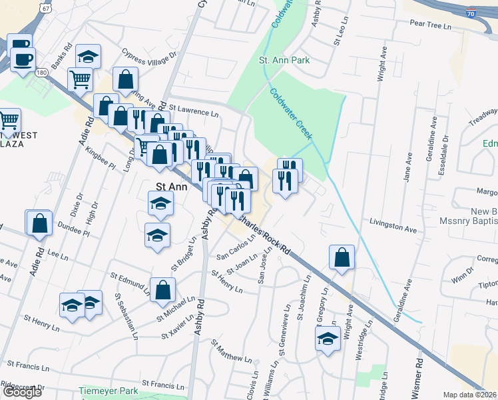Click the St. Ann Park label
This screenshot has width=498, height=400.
pyautogui.click(x=284, y=61)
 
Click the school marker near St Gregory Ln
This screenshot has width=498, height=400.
pyautogui.click(x=327, y=339)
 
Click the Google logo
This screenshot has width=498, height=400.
pyautogui.click(x=22, y=392)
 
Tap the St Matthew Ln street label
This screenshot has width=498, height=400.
pyautogui.click(x=230, y=352)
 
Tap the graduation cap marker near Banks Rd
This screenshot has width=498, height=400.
pyautogui.click(x=87, y=57)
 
